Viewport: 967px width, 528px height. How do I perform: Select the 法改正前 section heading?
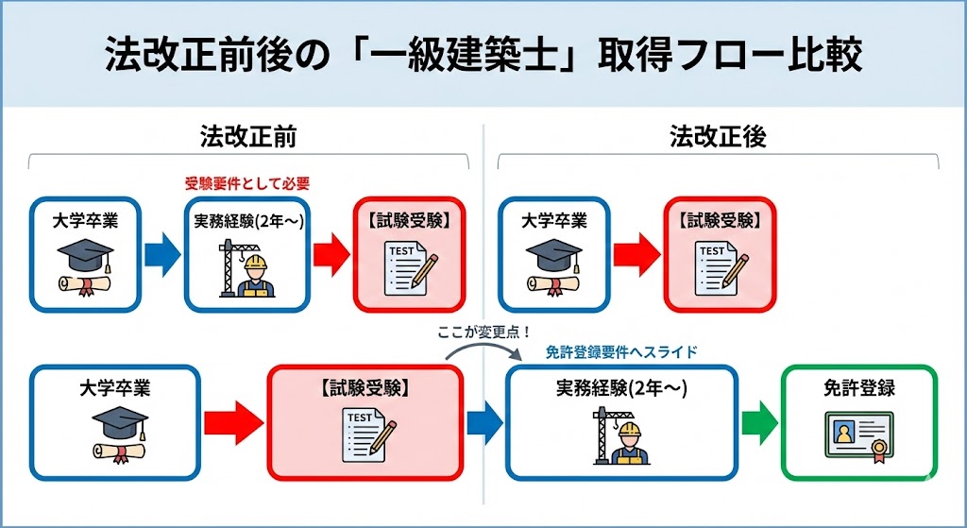pyautogui.click(x=248, y=136)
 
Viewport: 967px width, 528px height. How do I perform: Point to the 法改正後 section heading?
pyautogui.click(x=718, y=136)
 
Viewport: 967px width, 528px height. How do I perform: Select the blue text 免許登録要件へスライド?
pyautogui.click(x=621, y=352)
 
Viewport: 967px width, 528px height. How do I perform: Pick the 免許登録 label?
pyautogui.click(x=859, y=388)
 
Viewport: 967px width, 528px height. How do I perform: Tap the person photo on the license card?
pyautogui.click(x=843, y=432)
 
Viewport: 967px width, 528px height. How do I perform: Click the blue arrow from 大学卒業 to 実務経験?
pyautogui.click(x=161, y=255)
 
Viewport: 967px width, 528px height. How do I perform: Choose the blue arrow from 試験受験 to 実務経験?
pyautogui.click(x=483, y=422)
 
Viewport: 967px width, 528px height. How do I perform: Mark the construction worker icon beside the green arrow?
pyautogui.click(x=627, y=439)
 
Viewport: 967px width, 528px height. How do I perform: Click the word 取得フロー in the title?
pyautogui.click(x=706, y=54)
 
